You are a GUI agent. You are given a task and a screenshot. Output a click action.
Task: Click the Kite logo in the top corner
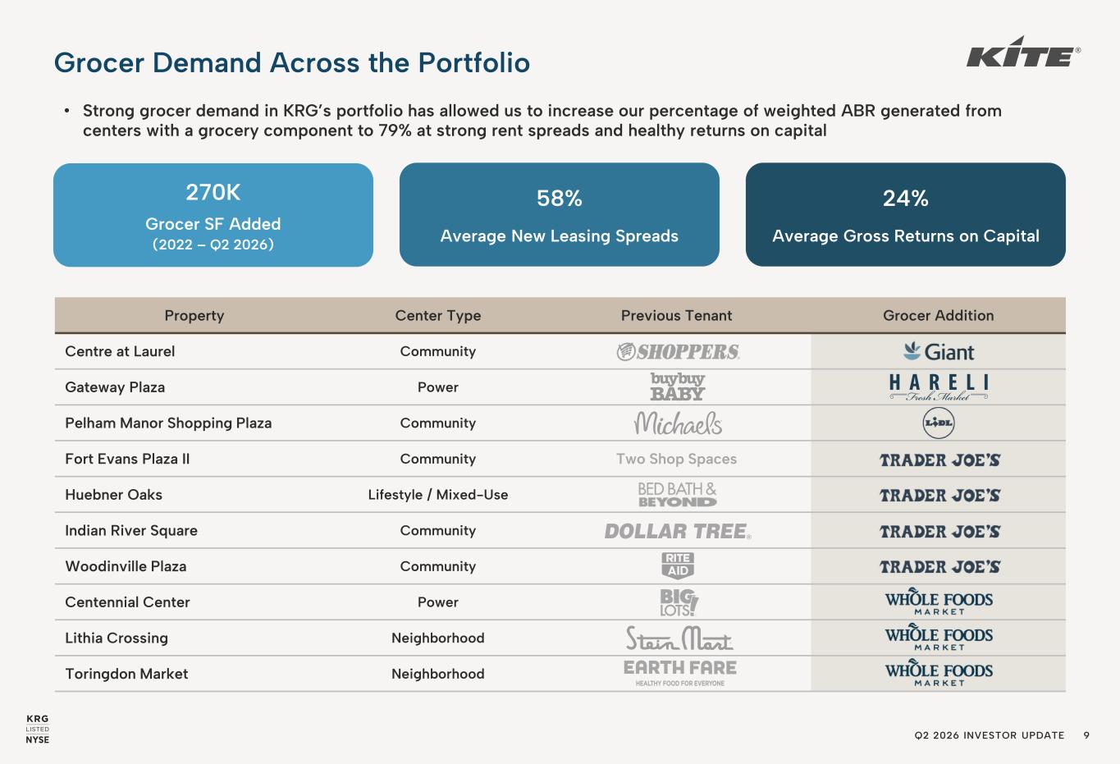pos(1023,53)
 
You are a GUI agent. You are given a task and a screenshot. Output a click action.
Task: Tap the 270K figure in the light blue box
pos(213,193)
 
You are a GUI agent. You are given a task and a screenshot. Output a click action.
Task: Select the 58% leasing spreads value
pos(559,199)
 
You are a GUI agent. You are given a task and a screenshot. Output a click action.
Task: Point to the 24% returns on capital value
pos(905,199)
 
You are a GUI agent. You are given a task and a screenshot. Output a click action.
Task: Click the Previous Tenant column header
pos(676,315)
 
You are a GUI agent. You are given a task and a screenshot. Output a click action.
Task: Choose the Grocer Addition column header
pos(938,315)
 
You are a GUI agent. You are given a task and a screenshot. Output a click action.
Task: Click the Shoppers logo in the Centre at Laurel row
pos(678,351)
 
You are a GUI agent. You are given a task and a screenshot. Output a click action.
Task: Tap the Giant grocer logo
pos(939,351)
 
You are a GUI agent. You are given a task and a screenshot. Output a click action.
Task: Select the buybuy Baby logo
pos(678,387)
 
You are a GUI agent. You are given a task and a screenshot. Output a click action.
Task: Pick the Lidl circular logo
pos(939,423)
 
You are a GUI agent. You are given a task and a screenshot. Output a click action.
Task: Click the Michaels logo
pos(678,423)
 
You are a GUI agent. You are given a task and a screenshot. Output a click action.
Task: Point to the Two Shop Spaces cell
pos(676,459)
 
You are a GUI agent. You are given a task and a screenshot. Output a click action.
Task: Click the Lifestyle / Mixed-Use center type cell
pos(438,495)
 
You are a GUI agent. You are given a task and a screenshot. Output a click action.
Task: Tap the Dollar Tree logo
pos(678,531)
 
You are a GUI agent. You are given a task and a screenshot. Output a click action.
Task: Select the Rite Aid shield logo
pos(678,565)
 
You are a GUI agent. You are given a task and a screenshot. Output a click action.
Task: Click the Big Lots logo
pos(679,602)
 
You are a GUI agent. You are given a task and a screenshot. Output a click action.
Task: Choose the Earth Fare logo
pos(680,673)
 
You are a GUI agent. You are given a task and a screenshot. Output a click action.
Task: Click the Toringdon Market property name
pos(126,674)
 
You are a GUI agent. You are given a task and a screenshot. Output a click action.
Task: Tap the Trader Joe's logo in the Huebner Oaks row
pos(940,496)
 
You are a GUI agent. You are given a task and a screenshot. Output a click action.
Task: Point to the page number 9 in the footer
pos(1086,735)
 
